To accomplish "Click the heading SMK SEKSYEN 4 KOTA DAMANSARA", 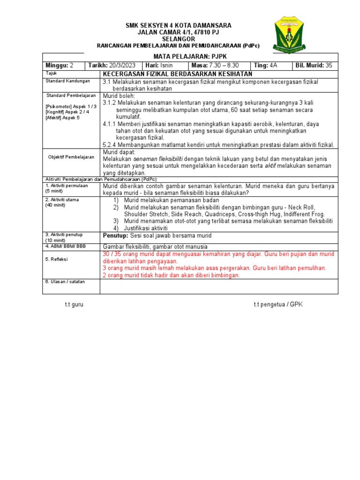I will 178,25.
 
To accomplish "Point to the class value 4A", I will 273,66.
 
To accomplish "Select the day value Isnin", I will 166,66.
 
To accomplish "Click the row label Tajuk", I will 50,74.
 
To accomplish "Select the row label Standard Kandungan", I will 67,81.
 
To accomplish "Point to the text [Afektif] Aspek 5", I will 62,117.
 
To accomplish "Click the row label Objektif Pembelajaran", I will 71,157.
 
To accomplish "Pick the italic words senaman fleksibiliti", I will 157,159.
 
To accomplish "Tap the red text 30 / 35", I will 112,254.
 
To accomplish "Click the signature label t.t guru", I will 74,305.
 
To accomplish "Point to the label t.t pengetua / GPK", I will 278,305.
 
